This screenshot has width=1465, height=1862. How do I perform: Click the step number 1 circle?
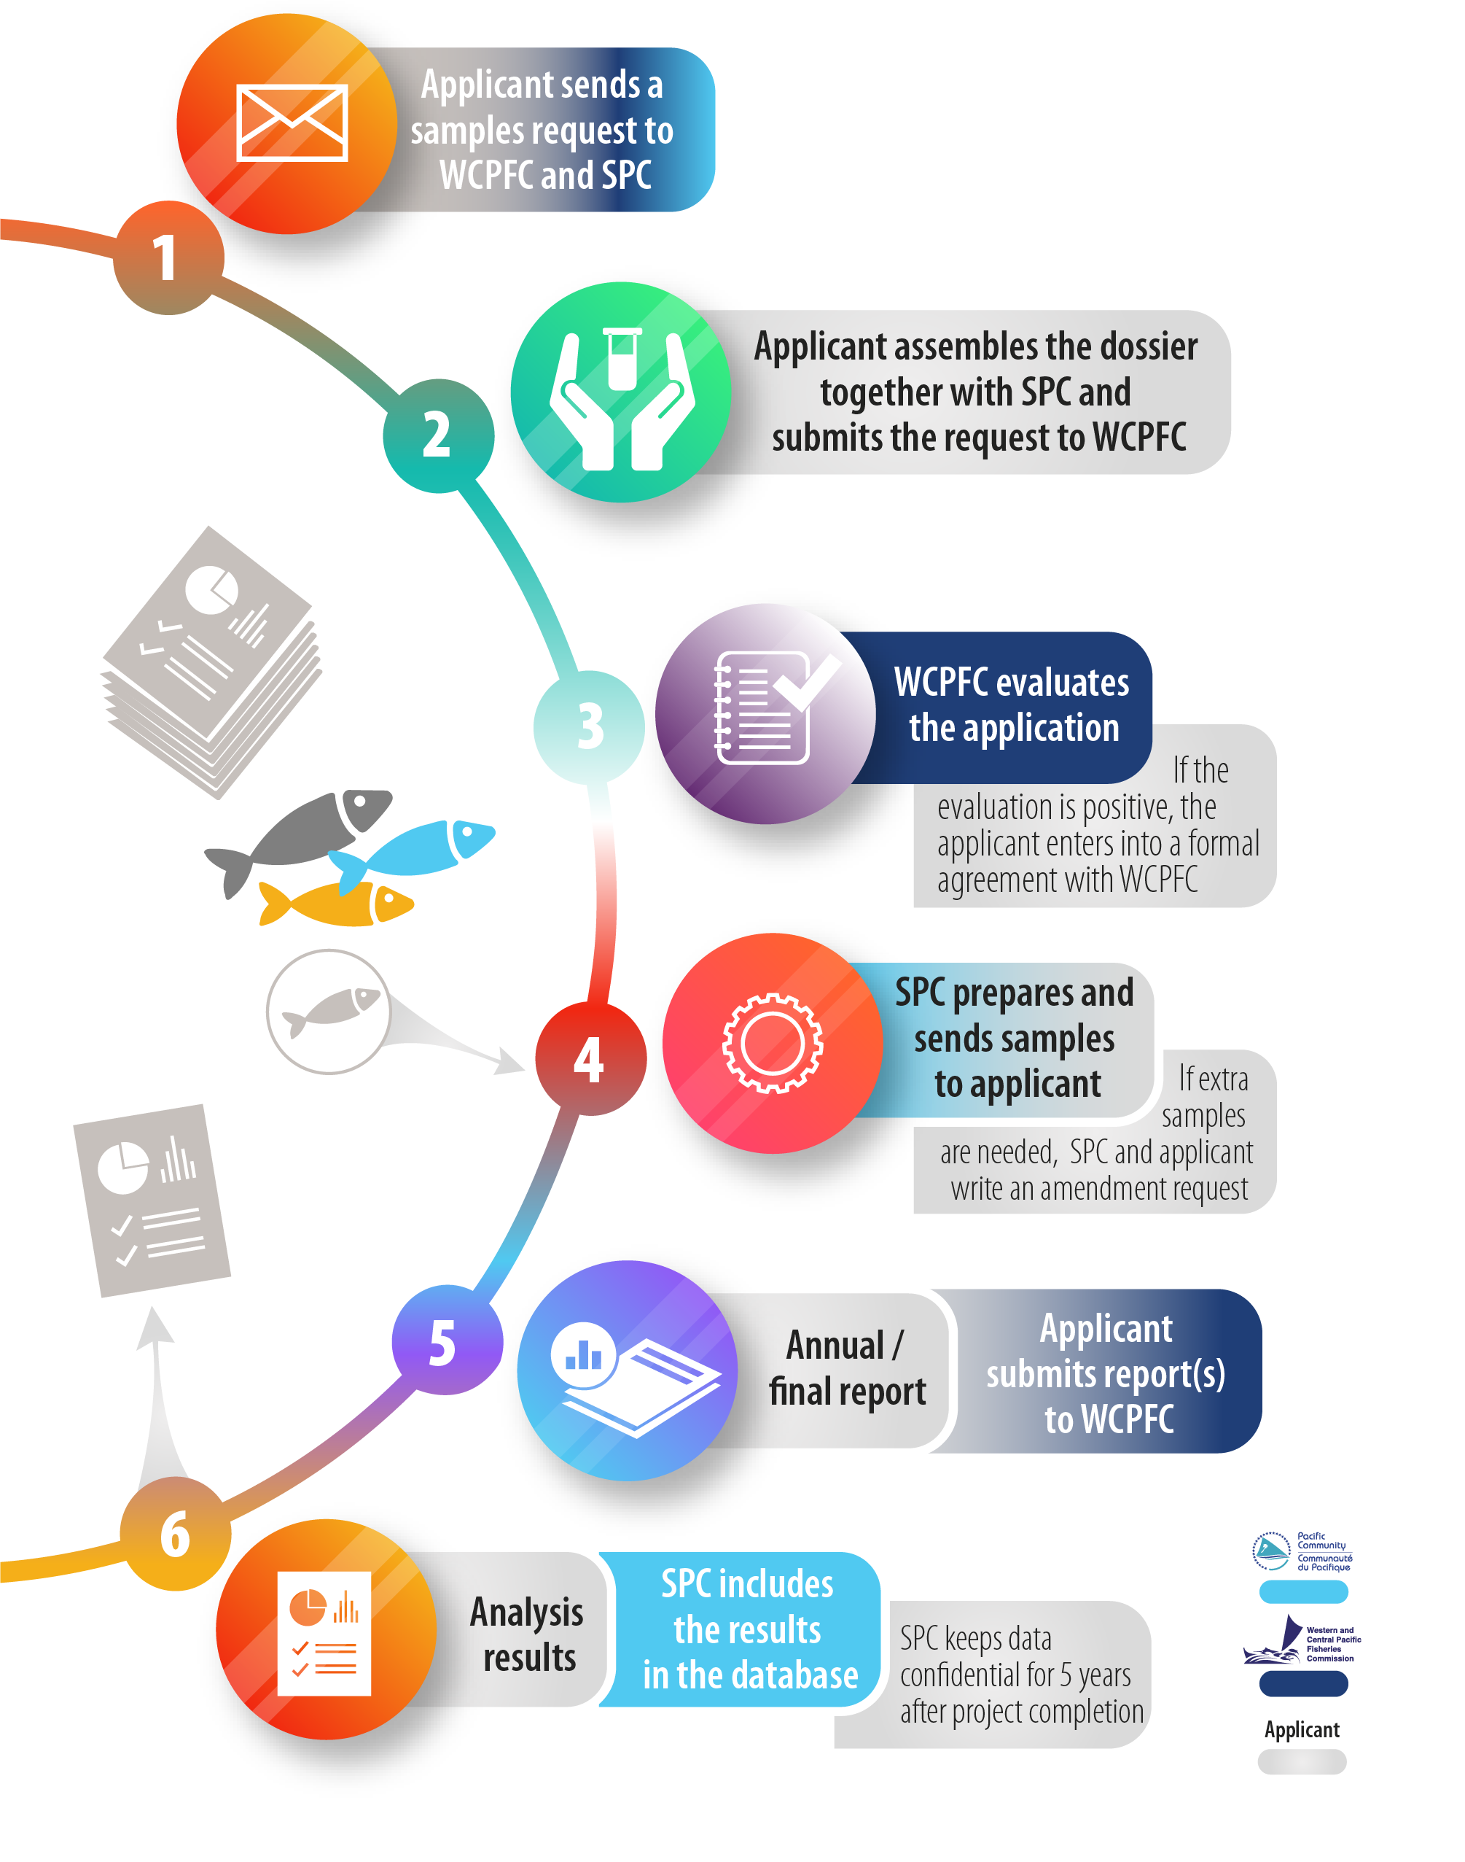pos(165,257)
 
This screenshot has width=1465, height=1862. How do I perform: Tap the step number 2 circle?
pos(437,435)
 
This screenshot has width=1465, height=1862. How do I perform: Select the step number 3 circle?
pos(589,726)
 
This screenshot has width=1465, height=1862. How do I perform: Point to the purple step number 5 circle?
pos(445,1342)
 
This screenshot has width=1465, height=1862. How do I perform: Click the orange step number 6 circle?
pos(175,1535)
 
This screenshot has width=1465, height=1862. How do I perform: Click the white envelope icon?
pos(292,123)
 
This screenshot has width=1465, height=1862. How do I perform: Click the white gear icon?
pos(772,1042)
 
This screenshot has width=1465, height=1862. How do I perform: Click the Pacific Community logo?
pos(1302,1551)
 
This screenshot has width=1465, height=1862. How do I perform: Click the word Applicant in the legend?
pos(1301,1730)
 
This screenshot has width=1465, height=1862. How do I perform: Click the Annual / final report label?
pos(848,1369)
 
